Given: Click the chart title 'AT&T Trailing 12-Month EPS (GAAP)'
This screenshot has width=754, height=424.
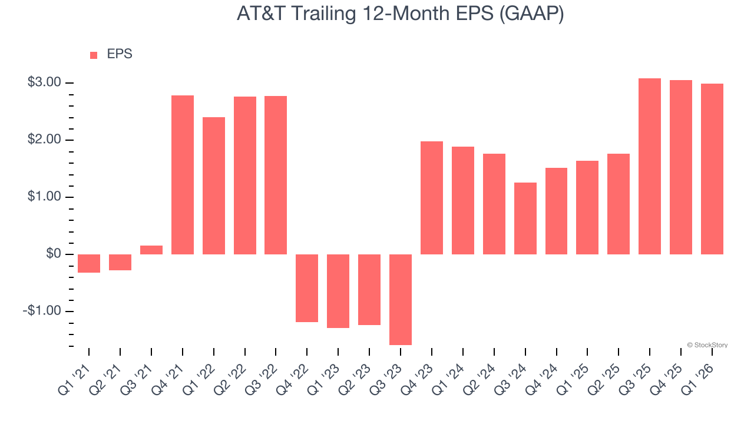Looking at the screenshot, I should click(400, 14).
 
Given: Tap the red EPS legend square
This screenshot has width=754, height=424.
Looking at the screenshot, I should click(94, 55).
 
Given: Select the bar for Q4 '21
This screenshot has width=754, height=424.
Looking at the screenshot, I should click(183, 174).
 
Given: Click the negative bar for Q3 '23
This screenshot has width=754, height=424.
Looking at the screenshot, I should click(401, 299).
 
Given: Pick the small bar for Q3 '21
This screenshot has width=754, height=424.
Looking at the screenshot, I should click(151, 250).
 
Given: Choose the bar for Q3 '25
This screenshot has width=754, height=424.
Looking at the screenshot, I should click(650, 166).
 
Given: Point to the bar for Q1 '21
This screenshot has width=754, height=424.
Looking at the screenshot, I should click(89, 263).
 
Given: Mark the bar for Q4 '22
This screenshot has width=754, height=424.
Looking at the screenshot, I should click(307, 288).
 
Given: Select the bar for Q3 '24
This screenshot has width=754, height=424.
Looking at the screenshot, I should click(525, 218).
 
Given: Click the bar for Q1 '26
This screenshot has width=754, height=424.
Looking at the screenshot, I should click(712, 168).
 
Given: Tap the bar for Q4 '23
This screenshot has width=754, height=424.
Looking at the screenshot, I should click(432, 197).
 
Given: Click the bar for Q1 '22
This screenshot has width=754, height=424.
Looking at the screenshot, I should click(214, 185).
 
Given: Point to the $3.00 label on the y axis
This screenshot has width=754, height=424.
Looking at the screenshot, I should click(44, 82).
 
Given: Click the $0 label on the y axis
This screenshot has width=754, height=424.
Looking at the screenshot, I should click(53, 254).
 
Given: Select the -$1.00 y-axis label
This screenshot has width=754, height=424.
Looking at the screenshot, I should click(42, 311).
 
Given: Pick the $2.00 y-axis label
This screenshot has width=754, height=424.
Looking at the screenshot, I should click(44, 140).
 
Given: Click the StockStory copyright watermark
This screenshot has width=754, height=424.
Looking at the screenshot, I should click(707, 345).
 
